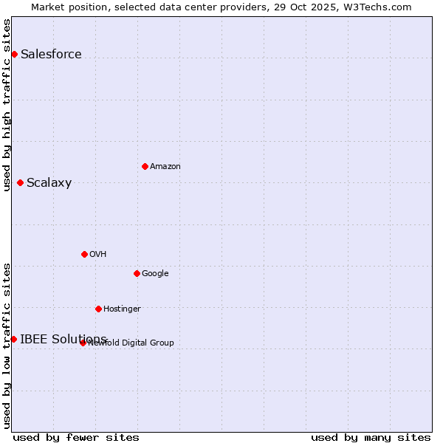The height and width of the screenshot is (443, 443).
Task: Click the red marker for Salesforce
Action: pyautogui.click(x=14, y=54)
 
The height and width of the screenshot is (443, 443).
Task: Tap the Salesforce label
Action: pyautogui.click(x=51, y=54)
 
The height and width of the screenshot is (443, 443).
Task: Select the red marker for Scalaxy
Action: pyautogui.click(x=20, y=182)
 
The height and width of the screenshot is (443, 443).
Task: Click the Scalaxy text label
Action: pyautogui.click(x=49, y=183)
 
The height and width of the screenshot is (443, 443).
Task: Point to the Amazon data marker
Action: pyautogui.click(x=145, y=166)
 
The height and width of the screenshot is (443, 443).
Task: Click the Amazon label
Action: pyautogui.click(x=165, y=166)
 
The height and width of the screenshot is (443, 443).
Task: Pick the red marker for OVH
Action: pyautogui.click(x=84, y=254)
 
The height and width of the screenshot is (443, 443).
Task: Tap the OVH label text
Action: pyautogui.click(x=98, y=254)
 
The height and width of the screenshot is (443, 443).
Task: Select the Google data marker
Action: pyautogui.click(x=137, y=273)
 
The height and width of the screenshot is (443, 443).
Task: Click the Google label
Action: pyautogui.click(x=155, y=273)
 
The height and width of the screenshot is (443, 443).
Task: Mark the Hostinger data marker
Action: pyautogui.click(x=98, y=309)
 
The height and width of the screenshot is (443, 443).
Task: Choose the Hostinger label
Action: pyautogui.click(x=122, y=309)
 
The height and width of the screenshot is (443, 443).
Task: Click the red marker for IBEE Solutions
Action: pyautogui.click(x=13, y=339)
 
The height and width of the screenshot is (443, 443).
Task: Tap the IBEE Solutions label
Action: pyautogui.click(x=63, y=339)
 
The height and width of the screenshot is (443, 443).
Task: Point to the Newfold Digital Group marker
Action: pyautogui.click(x=83, y=343)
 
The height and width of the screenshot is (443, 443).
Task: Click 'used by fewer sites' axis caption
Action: pyautogui.click(x=76, y=437)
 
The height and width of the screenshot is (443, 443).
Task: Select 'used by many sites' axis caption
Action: pyautogui.click(x=371, y=437)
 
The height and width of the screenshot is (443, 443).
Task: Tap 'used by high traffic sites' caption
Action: pyautogui.click(x=7, y=105)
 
